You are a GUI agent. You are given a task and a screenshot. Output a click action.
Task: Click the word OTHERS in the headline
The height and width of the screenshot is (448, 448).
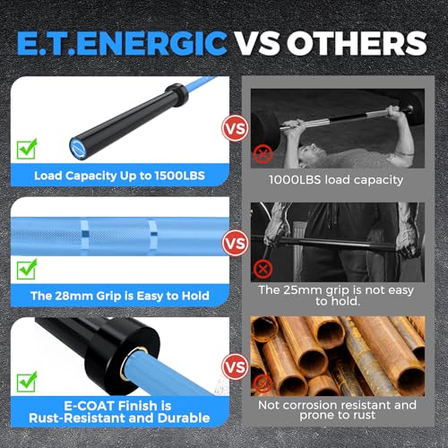(x=357, y=43)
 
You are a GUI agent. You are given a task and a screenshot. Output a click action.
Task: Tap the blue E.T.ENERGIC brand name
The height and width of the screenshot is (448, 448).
(x=122, y=43)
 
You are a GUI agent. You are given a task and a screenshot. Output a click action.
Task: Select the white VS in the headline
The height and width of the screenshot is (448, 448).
(x=256, y=43)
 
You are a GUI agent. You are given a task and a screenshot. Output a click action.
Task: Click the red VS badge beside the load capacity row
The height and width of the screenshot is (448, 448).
(x=236, y=128)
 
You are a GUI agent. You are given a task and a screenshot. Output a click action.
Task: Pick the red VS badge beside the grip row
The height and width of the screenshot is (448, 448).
(x=236, y=243)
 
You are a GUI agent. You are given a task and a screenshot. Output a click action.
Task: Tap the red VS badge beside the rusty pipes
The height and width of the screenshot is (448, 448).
(x=236, y=367)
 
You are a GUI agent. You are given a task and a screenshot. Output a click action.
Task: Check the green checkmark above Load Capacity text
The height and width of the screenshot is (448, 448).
(x=27, y=149)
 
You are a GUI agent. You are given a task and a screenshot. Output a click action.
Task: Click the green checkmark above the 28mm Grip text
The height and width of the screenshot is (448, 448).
(x=27, y=269)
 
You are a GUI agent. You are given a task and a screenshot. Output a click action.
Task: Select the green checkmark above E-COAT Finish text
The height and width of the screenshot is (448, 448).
(x=27, y=382)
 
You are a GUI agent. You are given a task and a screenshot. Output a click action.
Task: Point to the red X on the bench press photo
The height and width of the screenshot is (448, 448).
(x=263, y=154)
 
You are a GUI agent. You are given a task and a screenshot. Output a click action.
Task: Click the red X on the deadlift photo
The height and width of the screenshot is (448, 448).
(x=263, y=269)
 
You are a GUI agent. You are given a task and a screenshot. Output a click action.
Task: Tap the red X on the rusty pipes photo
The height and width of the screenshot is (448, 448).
(x=263, y=383)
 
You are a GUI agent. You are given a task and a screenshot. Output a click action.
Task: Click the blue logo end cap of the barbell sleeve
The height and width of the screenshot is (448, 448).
(x=79, y=148)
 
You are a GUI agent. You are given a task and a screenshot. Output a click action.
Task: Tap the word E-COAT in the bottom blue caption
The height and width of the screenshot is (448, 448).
(x=90, y=406)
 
